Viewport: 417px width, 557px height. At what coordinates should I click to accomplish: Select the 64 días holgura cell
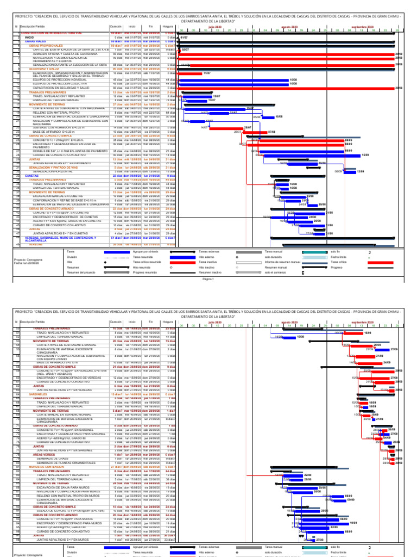coord(170,112)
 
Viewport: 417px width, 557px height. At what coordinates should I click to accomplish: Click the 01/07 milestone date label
coord(184,37)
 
